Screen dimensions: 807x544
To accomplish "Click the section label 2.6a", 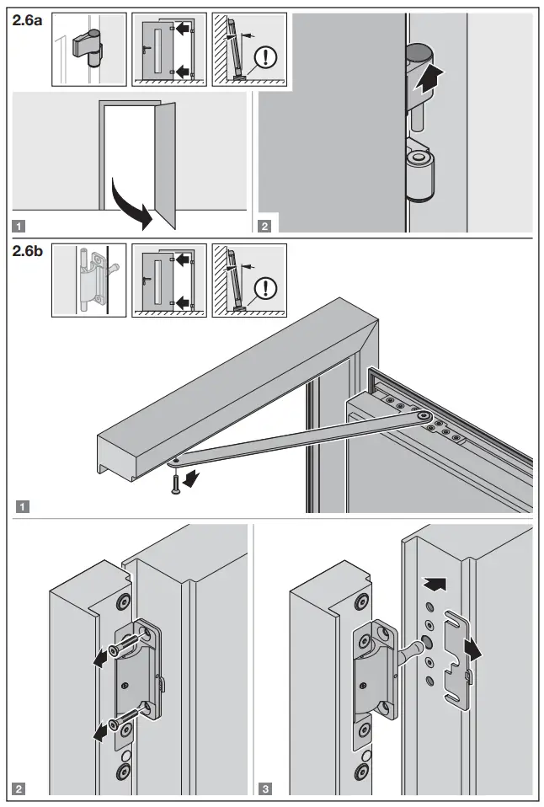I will click(x=28, y=21).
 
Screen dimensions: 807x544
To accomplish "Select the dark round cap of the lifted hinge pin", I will click(x=417, y=55).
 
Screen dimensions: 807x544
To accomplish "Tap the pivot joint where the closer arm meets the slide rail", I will click(x=420, y=415).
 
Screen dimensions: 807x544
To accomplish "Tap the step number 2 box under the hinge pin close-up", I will click(x=265, y=226).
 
